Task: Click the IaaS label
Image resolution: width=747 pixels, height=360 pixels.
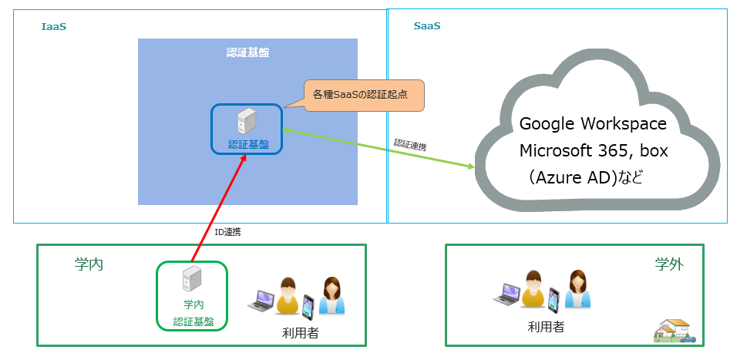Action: [x=53, y=27]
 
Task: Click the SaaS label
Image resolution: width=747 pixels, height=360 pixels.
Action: [x=427, y=26]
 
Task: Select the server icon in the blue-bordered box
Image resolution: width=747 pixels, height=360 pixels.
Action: [x=247, y=122]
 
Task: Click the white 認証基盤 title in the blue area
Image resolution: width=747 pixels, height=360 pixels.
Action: [x=247, y=52]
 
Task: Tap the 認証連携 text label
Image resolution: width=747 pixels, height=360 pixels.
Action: [x=409, y=144]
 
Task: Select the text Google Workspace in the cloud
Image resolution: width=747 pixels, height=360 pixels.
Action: [x=593, y=124]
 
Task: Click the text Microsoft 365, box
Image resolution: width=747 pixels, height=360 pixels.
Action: [x=594, y=150]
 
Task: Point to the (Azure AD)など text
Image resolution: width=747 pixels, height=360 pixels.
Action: [x=585, y=177]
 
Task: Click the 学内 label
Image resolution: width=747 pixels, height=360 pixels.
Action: [x=89, y=264]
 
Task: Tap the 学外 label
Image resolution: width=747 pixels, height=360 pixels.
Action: [x=669, y=264]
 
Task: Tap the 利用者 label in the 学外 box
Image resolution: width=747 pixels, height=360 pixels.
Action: [x=546, y=327]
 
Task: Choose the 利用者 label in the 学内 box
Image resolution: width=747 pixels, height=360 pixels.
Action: [x=300, y=333]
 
